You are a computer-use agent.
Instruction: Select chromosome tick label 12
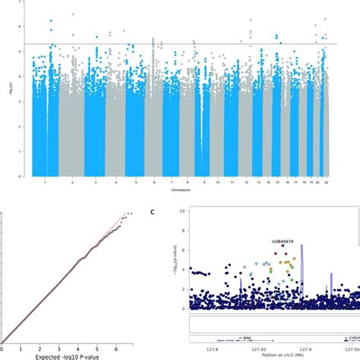point(247,183)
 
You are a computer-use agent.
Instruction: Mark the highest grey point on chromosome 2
point(73,14)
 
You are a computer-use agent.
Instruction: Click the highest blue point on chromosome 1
point(51,21)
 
